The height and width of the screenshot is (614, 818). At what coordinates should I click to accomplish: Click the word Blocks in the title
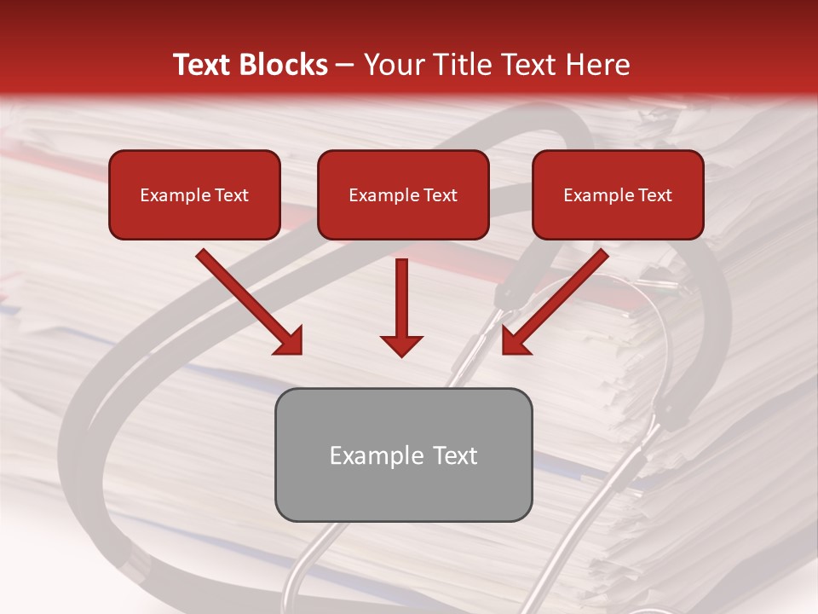pyautogui.click(x=283, y=65)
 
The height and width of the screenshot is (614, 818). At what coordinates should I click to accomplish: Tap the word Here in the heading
pyautogui.click(x=597, y=65)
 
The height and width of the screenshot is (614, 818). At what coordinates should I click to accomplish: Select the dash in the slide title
pyautogui.click(x=345, y=66)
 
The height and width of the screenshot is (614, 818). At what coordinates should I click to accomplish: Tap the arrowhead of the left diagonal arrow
pyautogui.click(x=290, y=342)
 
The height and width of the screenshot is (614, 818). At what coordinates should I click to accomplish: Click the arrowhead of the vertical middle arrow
pyautogui.click(x=401, y=345)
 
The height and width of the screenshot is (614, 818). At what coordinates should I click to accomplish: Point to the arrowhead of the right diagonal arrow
pyautogui.click(x=515, y=342)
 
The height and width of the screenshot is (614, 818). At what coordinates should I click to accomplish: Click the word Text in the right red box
pyautogui.click(x=655, y=195)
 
